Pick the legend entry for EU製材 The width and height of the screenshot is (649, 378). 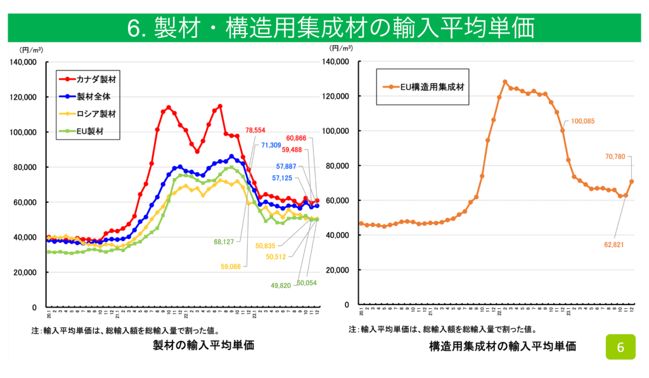click(x=86, y=131)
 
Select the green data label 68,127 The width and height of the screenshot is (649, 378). click(x=228, y=242)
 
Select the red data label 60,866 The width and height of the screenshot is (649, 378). click(x=299, y=138)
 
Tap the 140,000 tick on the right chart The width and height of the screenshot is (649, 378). click(x=337, y=62)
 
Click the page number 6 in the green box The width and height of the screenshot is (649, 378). click(x=620, y=347)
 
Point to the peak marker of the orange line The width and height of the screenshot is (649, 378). click(x=505, y=82)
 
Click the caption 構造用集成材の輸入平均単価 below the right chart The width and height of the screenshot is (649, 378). click(x=502, y=346)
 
